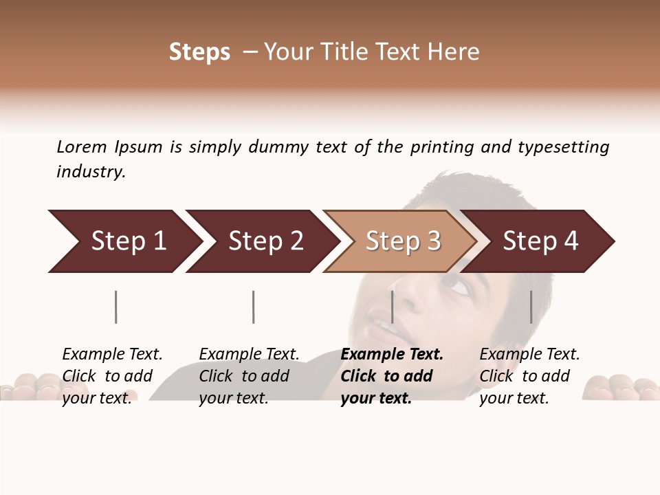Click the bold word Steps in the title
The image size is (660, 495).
199,52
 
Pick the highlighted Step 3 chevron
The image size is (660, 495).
402,241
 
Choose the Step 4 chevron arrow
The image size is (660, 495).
540,241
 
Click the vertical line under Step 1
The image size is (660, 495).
116,307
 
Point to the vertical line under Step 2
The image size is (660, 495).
254,307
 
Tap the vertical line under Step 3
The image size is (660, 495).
392,307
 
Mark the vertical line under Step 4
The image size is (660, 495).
531,307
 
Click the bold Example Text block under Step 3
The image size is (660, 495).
392,376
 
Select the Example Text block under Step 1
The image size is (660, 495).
112,376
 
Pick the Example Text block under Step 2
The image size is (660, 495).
249,376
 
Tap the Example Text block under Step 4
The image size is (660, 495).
529,376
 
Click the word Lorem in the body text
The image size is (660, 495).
82,146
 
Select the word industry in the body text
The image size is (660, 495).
90,172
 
